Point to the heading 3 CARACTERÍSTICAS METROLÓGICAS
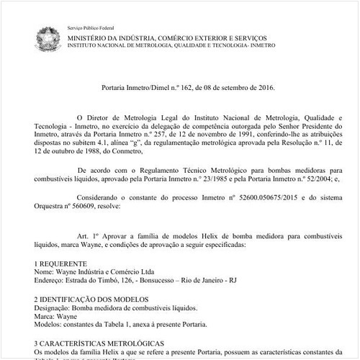click(x=105, y=342)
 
